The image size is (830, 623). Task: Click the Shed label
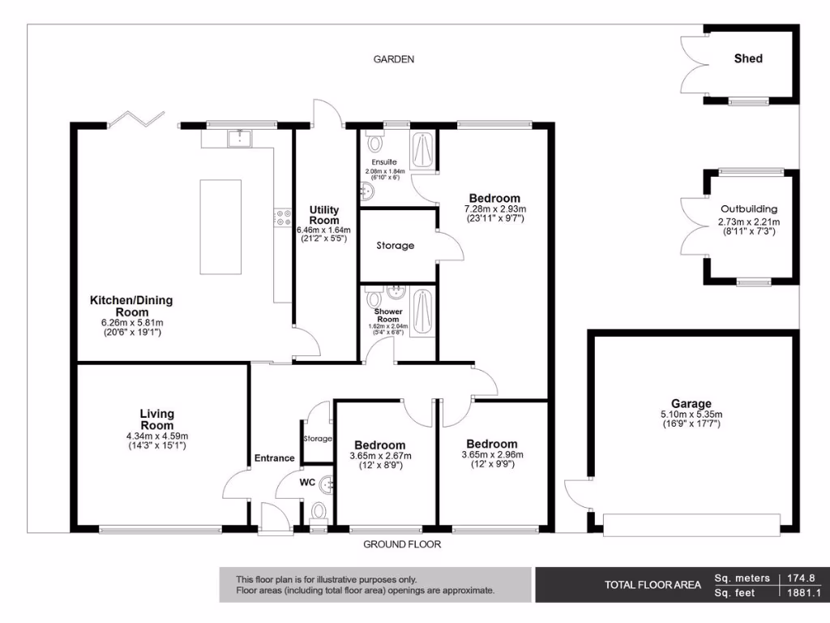(747, 58)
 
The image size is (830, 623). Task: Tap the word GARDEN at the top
(394, 59)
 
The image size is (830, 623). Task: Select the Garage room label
(691, 403)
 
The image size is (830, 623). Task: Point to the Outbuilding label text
(748, 208)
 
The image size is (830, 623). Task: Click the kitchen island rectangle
(220, 228)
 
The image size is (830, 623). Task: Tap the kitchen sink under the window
(239, 139)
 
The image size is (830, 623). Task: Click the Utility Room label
(324, 215)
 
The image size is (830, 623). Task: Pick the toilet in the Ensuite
(374, 142)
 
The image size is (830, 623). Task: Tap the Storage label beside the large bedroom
(395, 245)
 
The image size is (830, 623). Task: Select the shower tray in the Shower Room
(422, 311)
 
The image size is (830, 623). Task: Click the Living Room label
(157, 419)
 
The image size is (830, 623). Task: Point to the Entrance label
(275, 458)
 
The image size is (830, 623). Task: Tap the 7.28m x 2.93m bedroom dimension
(494, 209)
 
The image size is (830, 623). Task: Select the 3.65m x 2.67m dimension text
(379, 456)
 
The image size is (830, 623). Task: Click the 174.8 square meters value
(800, 578)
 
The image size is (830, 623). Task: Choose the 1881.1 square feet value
(800, 593)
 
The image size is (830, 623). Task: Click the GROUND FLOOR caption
(402, 544)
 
